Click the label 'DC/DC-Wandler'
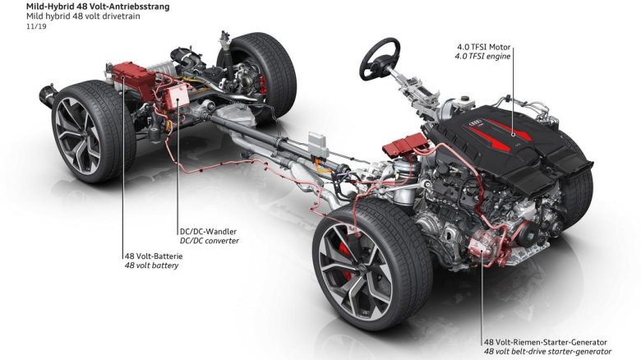click(209, 230)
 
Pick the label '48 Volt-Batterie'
click(153, 256)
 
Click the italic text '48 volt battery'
click(151, 265)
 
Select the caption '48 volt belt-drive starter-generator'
click(548, 352)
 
